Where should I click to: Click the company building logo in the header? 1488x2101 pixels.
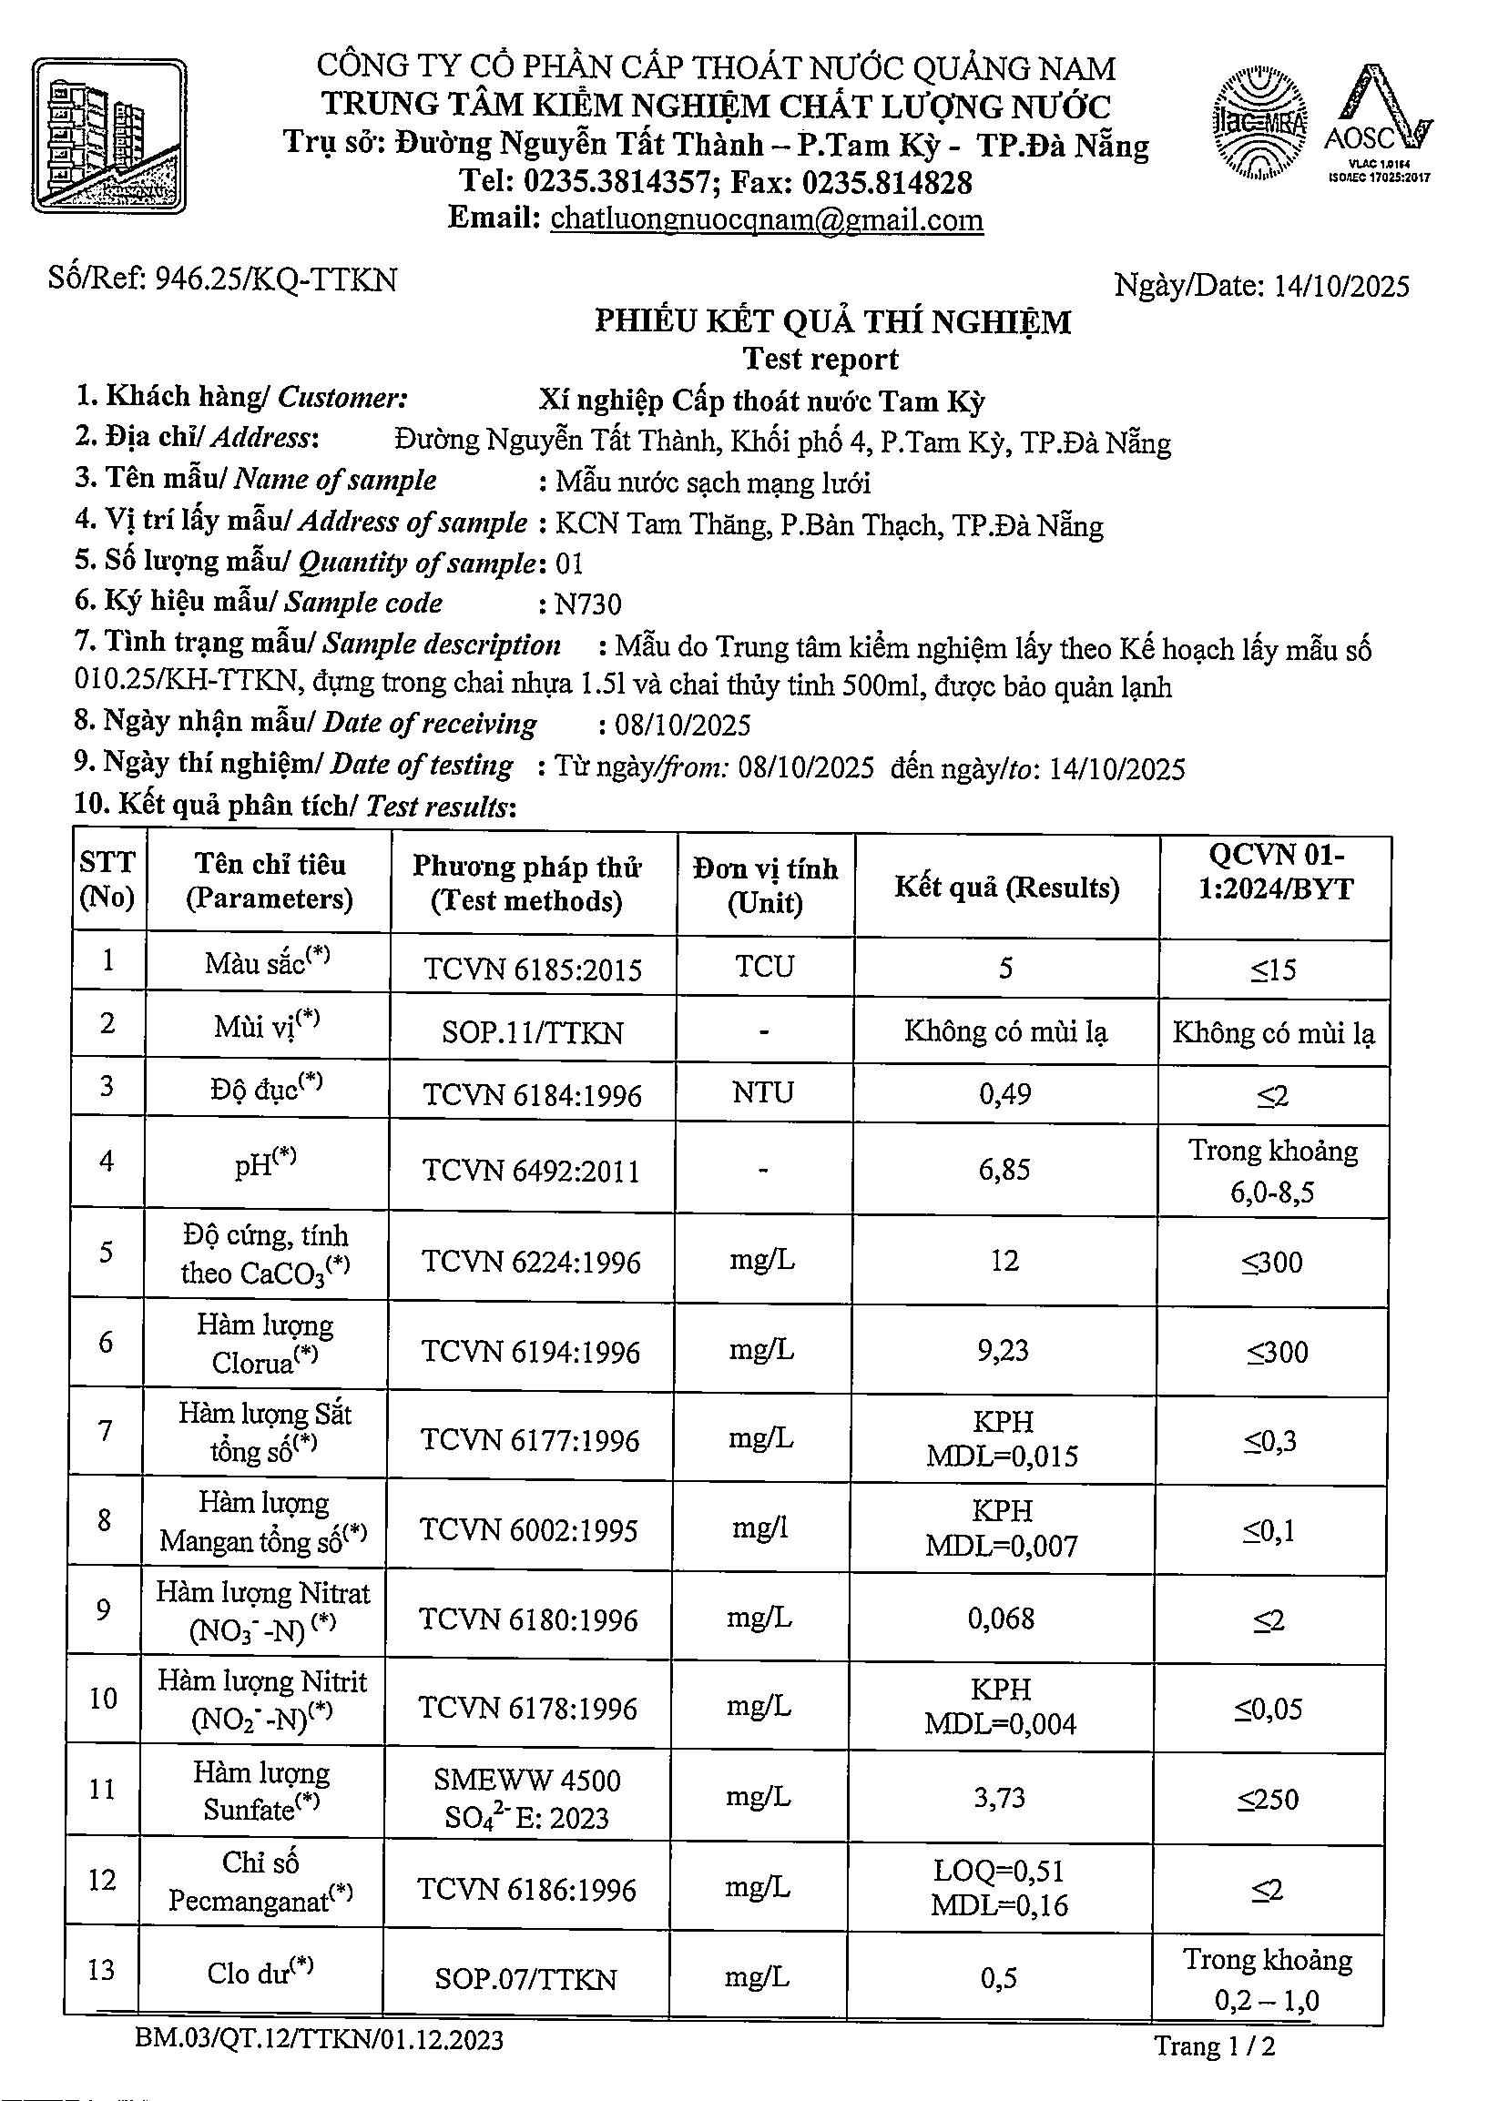(x=110, y=137)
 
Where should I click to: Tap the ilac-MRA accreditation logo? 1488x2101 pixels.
(x=1260, y=123)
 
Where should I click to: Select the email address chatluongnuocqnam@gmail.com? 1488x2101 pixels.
(x=767, y=219)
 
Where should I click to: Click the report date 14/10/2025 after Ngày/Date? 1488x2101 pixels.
(x=1341, y=287)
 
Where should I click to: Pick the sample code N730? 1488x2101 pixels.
(x=588, y=604)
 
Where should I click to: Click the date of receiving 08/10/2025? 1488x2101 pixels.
(x=683, y=726)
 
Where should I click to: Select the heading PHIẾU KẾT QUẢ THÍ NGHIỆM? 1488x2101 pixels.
(x=832, y=322)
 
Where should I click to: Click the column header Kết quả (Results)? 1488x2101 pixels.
(x=1006, y=887)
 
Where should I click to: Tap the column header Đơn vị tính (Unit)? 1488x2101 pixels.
(x=765, y=886)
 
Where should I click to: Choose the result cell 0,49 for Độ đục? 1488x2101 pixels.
(x=1005, y=1092)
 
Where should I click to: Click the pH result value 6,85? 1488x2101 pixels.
(x=1004, y=1170)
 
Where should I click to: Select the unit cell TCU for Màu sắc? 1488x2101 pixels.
(x=764, y=966)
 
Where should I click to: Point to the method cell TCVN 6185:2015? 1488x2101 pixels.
(x=533, y=969)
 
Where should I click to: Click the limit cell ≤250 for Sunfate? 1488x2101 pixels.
(x=1269, y=1800)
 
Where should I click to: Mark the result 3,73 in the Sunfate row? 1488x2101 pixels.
(x=999, y=1798)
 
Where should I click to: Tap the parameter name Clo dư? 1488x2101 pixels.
(x=260, y=1972)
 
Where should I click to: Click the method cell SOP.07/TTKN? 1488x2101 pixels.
(x=525, y=1979)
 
